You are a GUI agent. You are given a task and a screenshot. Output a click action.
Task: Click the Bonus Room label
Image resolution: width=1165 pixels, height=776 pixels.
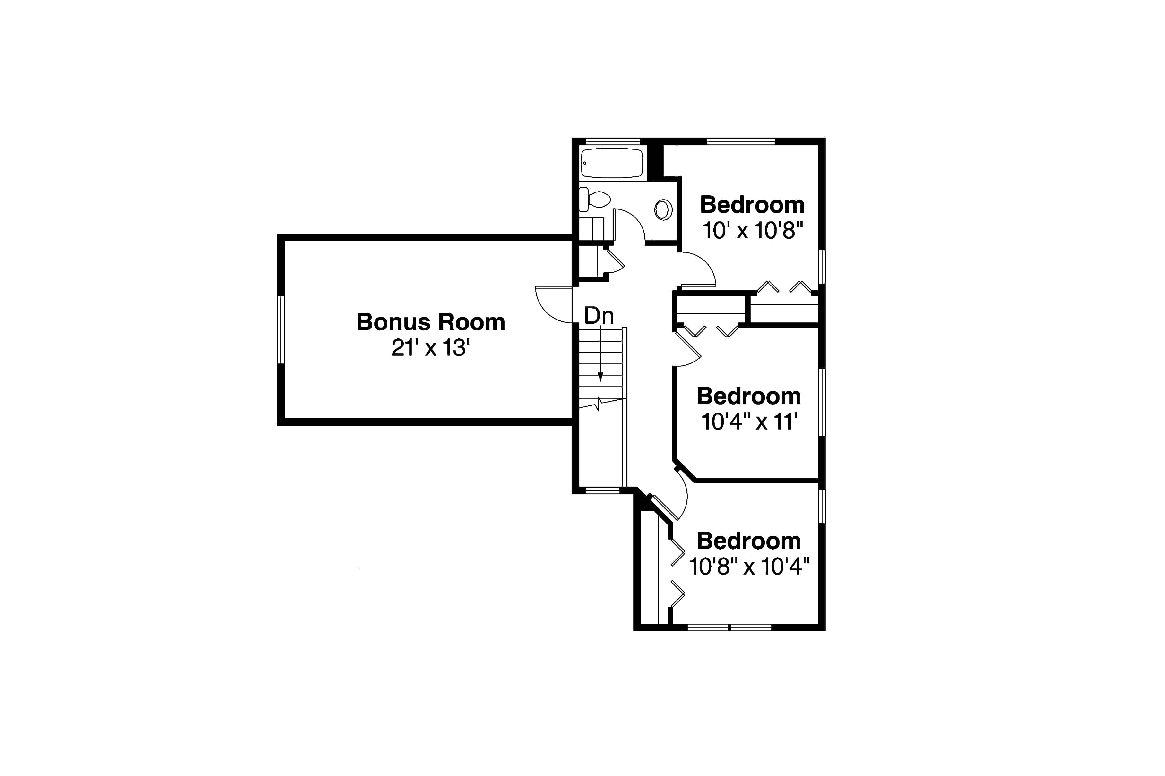430,322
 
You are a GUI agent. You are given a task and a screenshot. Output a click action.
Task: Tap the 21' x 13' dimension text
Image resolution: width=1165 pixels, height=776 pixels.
430,348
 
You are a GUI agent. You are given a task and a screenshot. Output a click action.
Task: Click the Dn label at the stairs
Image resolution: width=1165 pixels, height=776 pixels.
599,316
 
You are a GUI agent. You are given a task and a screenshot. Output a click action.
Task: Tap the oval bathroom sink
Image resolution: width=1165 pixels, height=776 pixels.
663,210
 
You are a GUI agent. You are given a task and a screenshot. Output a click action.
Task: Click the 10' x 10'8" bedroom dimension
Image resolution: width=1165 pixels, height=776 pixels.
752,231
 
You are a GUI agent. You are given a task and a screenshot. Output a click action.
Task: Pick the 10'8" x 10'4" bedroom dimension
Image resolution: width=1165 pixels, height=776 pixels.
749,567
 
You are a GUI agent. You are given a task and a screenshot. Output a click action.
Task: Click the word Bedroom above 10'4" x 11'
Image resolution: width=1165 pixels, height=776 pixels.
749,396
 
